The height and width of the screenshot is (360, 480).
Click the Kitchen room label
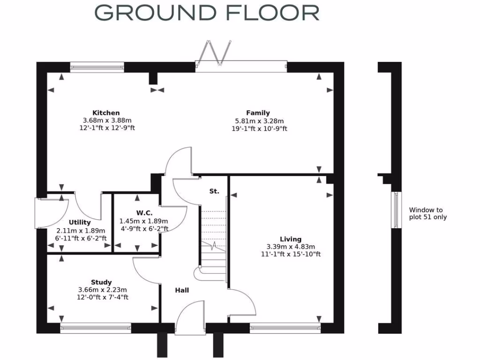click(x=106, y=113)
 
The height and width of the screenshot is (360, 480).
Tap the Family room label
click(x=258, y=113)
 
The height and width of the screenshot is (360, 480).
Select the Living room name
click(x=290, y=239)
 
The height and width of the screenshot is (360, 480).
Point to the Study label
click(x=101, y=282)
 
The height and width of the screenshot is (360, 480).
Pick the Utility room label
click(x=80, y=223)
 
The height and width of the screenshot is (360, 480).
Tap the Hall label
click(x=182, y=291)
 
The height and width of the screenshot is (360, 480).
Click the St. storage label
click(x=214, y=191)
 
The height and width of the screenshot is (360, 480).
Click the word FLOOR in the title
click(x=272, y=13)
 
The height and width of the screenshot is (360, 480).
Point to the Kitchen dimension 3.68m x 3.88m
click(x=106, y=120)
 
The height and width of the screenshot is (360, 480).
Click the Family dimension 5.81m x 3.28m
click(x=258, y=120)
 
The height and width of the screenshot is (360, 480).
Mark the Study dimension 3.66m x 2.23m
click(x=103, y=290)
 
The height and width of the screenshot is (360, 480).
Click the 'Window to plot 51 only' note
click(x=427, y=214)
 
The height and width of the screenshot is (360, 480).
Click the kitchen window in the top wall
click(x=97, y=67)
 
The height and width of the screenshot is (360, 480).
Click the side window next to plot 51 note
click(x=397, y=210)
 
